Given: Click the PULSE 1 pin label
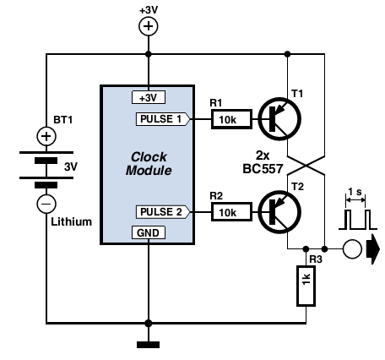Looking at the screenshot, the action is pos(163,119).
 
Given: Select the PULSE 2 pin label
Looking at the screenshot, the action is pos(163,212).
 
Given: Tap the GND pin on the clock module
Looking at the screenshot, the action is pos(148,232).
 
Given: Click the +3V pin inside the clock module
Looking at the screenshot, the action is pos(148,97).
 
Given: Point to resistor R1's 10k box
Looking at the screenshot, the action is pos(231,119).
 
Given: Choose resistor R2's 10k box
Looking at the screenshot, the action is pos(231,212).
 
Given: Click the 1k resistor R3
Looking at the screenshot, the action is pos(306,286).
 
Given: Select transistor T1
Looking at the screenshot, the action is pos(279,119).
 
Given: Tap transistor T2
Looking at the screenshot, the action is pos(279,212).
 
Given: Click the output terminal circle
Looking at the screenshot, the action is pos(352,249).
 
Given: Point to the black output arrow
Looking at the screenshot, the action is pos(373,249).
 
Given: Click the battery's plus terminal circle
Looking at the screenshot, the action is pos(46,136).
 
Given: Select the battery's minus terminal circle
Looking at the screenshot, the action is pos(46,204).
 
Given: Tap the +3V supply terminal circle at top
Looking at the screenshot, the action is pos(149,26).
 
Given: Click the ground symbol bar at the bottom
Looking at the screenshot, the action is pos(149,345).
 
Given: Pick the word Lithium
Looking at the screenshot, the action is pos(72,222).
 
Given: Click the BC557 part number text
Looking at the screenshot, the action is pos(263,169).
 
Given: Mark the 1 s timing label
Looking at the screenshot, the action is pos(355,192).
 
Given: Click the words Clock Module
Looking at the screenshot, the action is pos(149,164).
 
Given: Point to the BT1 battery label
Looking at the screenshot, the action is pos(63,120).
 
